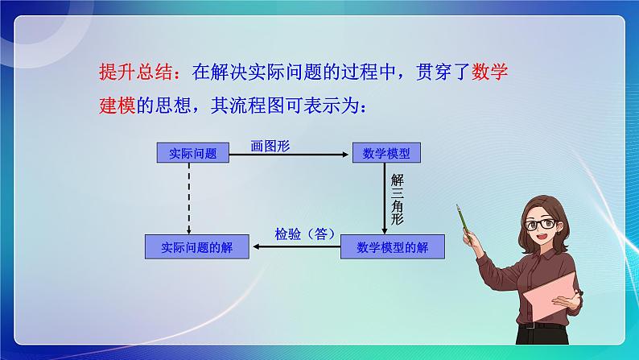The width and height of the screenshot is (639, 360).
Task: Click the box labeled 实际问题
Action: pyautogui.click(x=188, y=153)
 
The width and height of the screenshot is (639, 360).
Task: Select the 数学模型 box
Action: pyautogui.click(x=385, y=153)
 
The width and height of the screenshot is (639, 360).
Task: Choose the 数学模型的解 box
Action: pyautogui.click(x=393, y=248)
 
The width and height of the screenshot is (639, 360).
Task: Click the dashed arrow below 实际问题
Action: pyautogui.click(x=188, y=197)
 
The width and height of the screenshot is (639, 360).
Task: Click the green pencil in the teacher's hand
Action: pyautogui.click(x=464, y=217)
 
